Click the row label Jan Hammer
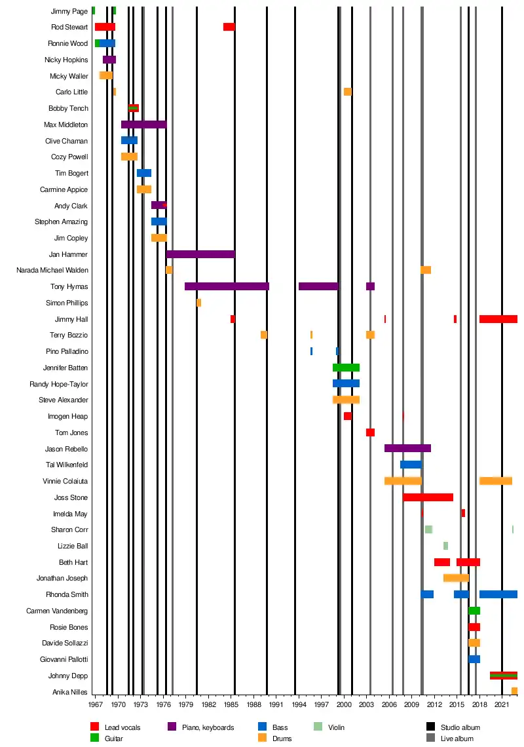pos(68,254)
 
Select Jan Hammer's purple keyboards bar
pos(200,254)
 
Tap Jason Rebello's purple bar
pos(407,448)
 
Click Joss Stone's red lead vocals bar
pos(428,497)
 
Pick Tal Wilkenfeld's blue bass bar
pos(411,465)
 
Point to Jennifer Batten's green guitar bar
pos(346,368)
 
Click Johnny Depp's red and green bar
pos(503,676)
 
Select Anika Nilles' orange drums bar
pos(514,691)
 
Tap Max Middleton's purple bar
pos(143,125)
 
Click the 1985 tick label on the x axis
pos(231,705)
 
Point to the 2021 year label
pos(502,705)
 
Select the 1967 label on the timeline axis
pos(96,705)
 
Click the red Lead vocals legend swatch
pos(94,727)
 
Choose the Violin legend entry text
pos(336,727)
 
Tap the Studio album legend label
pos(461,727)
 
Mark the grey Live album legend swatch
pos(430,738)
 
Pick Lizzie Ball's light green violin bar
pos(445,546)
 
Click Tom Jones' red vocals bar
pos(370,432)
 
